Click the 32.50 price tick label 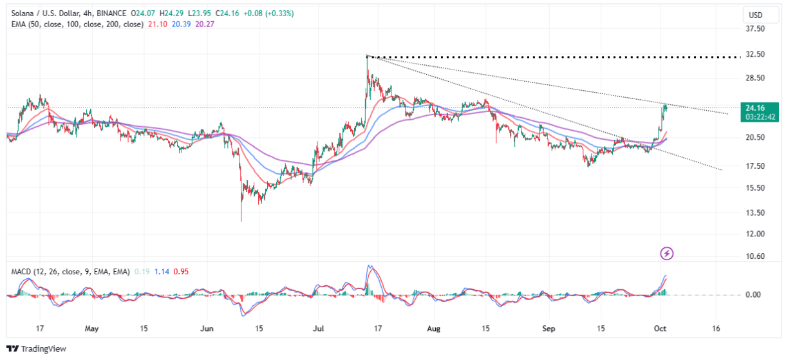[x=755, y=54]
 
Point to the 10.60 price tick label [x=755, y=256]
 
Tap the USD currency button [x=754, y=14]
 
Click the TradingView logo [x=37, y=348]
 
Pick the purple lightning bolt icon [x=667, y=254]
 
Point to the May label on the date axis [x=91, y=328]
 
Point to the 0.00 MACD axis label [x=754, y=295]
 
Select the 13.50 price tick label [x=755, y=213]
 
